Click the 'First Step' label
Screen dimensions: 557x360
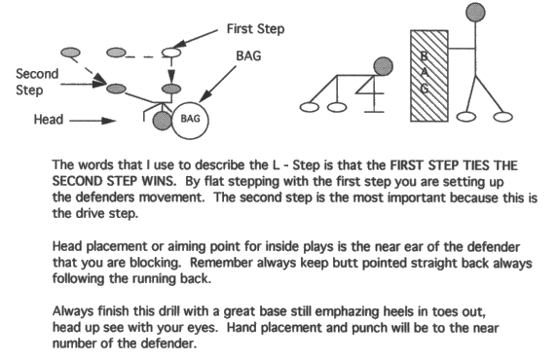(x=255, y=29)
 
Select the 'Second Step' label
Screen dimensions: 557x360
(x=37, y=82)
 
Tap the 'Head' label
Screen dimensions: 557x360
(x=49, y=120)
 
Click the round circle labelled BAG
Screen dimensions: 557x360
(x=190, y=120)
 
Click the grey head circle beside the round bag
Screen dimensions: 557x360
(x=163, y=121)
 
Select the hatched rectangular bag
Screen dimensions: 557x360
(x=429, y=76)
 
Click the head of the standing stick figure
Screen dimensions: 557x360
(x=475, y=12)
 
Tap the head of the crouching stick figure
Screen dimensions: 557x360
(x=383, y=66)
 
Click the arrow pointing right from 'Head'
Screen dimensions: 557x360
(x=93, y=121)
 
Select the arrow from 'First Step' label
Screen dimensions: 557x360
(x=196, y=38)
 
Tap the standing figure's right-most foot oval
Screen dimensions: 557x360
(x=503, y=117)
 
